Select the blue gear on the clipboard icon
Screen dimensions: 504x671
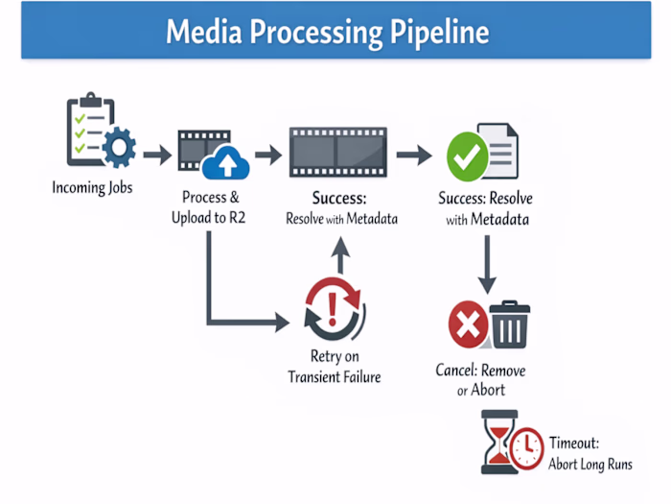[118, 147]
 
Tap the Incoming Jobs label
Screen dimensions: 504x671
[92, 187]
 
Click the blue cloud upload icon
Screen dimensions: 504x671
[226, 162]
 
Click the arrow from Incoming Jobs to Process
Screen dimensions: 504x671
[157, 153]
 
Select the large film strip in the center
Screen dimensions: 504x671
[338, 152]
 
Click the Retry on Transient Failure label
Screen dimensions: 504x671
[334, 368]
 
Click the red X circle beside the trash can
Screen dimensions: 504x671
[469, 325]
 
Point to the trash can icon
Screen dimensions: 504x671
[509, 324]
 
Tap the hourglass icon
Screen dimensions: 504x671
[499, 443]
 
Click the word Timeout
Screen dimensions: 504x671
[573, 444]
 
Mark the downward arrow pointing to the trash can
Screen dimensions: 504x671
[488, 264]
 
